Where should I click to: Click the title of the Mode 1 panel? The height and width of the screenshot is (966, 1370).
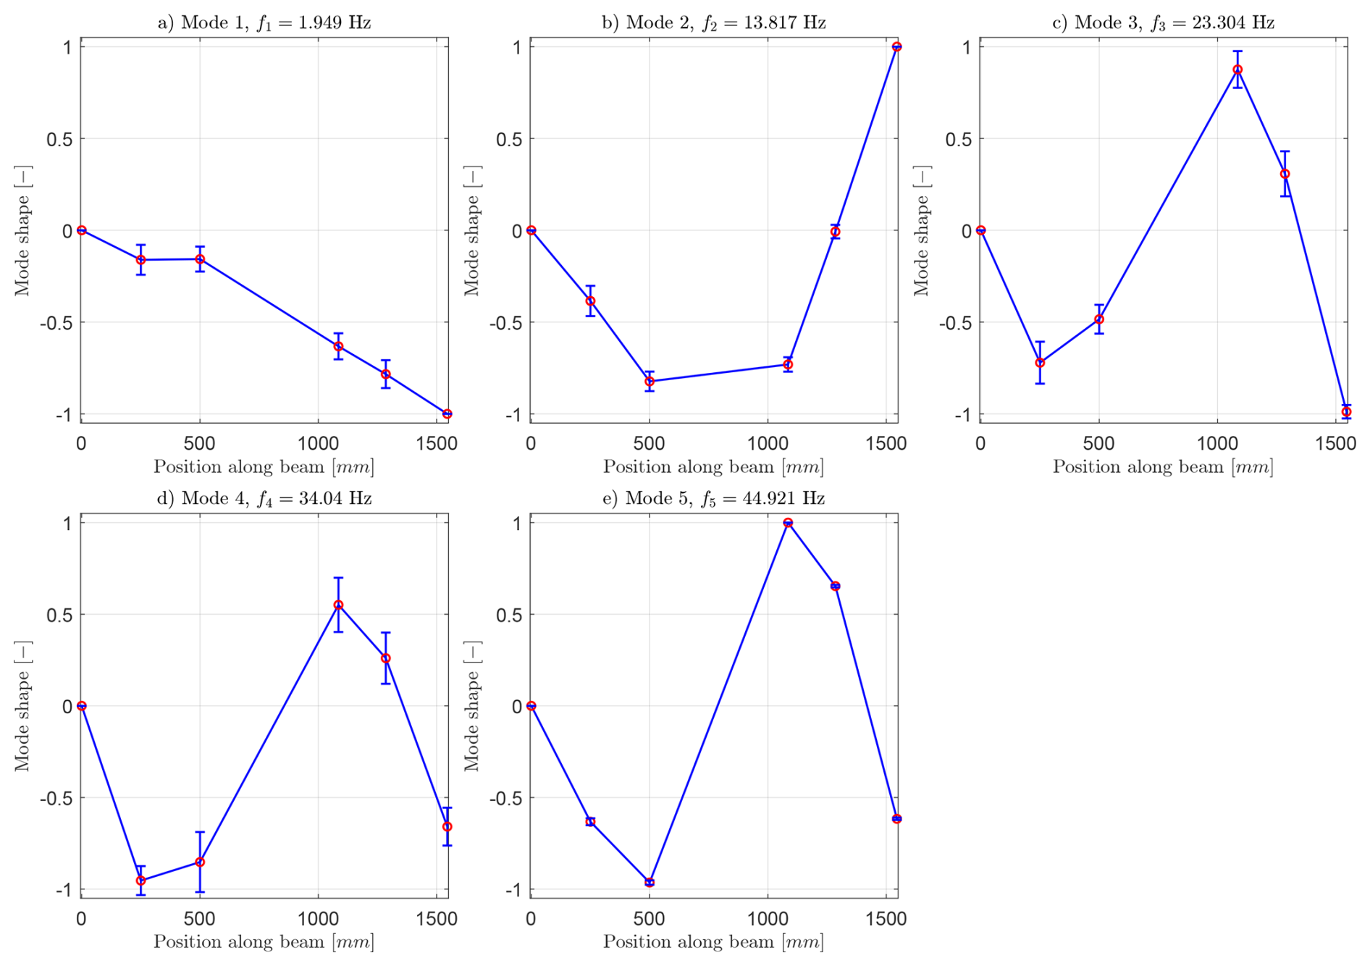[264, 22]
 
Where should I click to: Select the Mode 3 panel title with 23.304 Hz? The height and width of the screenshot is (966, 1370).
[1163, 22]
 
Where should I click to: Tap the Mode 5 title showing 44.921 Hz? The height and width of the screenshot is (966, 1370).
[713, 498]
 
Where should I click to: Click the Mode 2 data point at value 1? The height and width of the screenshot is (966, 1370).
[896, 47]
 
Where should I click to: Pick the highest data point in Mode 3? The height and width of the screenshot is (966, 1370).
[1237, 70]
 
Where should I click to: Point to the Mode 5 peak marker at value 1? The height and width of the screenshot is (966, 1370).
[788, 523]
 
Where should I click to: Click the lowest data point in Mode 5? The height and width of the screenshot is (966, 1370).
[650, 882]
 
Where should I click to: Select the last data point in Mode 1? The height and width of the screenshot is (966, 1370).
[447, 413]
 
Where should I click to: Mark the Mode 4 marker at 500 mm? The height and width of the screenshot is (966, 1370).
[200, 862]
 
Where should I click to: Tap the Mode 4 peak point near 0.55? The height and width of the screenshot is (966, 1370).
[338, 605]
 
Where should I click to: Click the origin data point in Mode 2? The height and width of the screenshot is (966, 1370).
[531, 230]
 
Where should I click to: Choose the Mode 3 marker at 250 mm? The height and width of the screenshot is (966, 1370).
[1040, 362]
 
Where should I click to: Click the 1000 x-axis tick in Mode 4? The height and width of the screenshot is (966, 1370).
[318, 919]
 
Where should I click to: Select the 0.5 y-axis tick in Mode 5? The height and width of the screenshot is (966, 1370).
[510, 614]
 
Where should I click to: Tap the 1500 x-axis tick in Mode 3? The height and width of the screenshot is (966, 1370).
[1336, 443]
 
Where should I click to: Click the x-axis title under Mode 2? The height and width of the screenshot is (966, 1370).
[713, 466]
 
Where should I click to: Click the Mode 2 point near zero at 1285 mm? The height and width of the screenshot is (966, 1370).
[835, 232]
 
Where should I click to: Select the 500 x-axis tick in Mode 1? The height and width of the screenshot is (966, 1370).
[200, 443]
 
